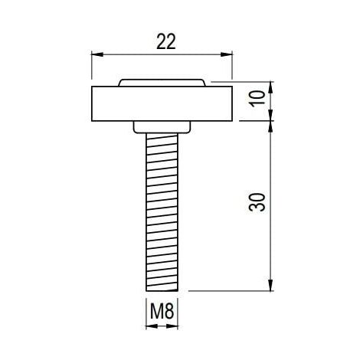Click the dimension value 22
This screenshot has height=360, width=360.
tap(166, 41)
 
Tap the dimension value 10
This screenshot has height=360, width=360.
tap(257, 97)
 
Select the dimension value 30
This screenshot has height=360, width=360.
tap(257, 202)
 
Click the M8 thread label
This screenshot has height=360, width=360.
tap(162, 311)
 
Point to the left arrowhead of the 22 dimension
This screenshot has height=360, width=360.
tap(97, 54)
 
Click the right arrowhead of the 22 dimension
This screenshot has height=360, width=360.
tap(227, 54)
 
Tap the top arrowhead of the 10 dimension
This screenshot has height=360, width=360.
tap(271, 87)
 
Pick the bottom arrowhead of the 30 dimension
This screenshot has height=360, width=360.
tap(271, 285)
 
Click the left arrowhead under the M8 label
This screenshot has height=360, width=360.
tap(151, 326)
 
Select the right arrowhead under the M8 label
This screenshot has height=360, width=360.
tap(172, 326)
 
